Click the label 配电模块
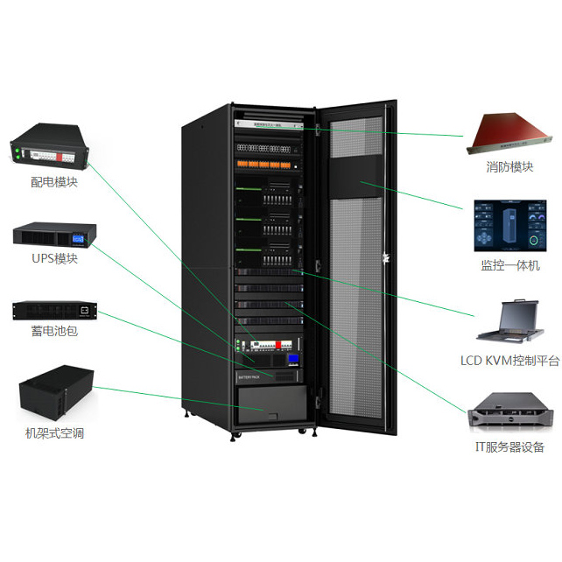click(x=53, y=183)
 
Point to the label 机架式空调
click(x=54, y=433)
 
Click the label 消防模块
click(x=509, y=166)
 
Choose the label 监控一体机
click(x=509, y=264)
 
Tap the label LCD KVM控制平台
click(x=509, y=360)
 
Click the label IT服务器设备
click(x=509, y=447)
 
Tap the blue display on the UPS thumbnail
click(x=80, y=236)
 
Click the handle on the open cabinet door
click(x=383, y=256)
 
